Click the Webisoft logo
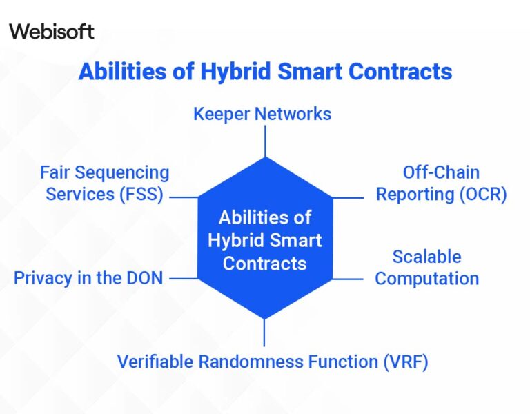pyautogui.click(x=52, y=31)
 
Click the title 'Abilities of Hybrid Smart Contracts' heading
pyautogui.click(x=265, y=72)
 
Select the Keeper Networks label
pyautogui.click(x=262, y=113)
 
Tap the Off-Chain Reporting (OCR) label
pyautogui.click(x=441, y=183)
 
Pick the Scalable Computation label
pyautogui.click(x=426, y=267)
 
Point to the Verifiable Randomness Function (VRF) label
pyautogui.click(x=273, y=362)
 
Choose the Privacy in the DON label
pyautogui.click(x=88, y=278)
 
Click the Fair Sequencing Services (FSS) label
pyautogui.click(x=104, y=183)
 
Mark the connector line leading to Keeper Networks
pyautogui.click(x=265, y=141)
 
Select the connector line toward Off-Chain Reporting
pyautogui.click(x=348, y=198)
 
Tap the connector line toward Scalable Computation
pyautogui.click(x=348, y=279)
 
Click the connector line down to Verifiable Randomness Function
pyautogui.click(x=265, y=333)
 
